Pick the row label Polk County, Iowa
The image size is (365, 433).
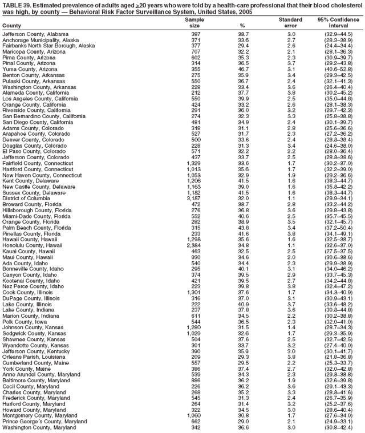26,322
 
